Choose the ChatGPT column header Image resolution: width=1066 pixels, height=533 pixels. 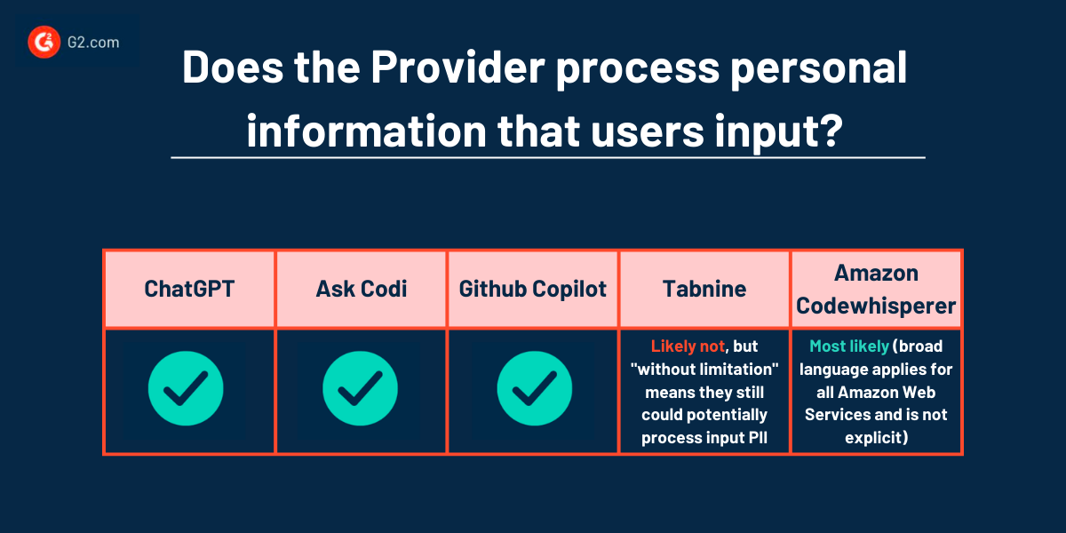189,289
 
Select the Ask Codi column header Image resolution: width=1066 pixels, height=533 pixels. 362,289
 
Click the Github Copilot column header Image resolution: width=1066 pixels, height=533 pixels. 533,289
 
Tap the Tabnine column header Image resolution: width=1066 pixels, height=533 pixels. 704,289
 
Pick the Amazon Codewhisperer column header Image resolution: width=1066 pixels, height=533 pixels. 876,289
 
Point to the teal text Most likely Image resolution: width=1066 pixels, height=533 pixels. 848,346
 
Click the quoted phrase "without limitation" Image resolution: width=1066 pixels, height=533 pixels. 704,369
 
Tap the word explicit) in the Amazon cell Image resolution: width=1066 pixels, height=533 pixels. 876,438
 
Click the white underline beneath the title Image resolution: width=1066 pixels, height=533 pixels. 547,158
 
